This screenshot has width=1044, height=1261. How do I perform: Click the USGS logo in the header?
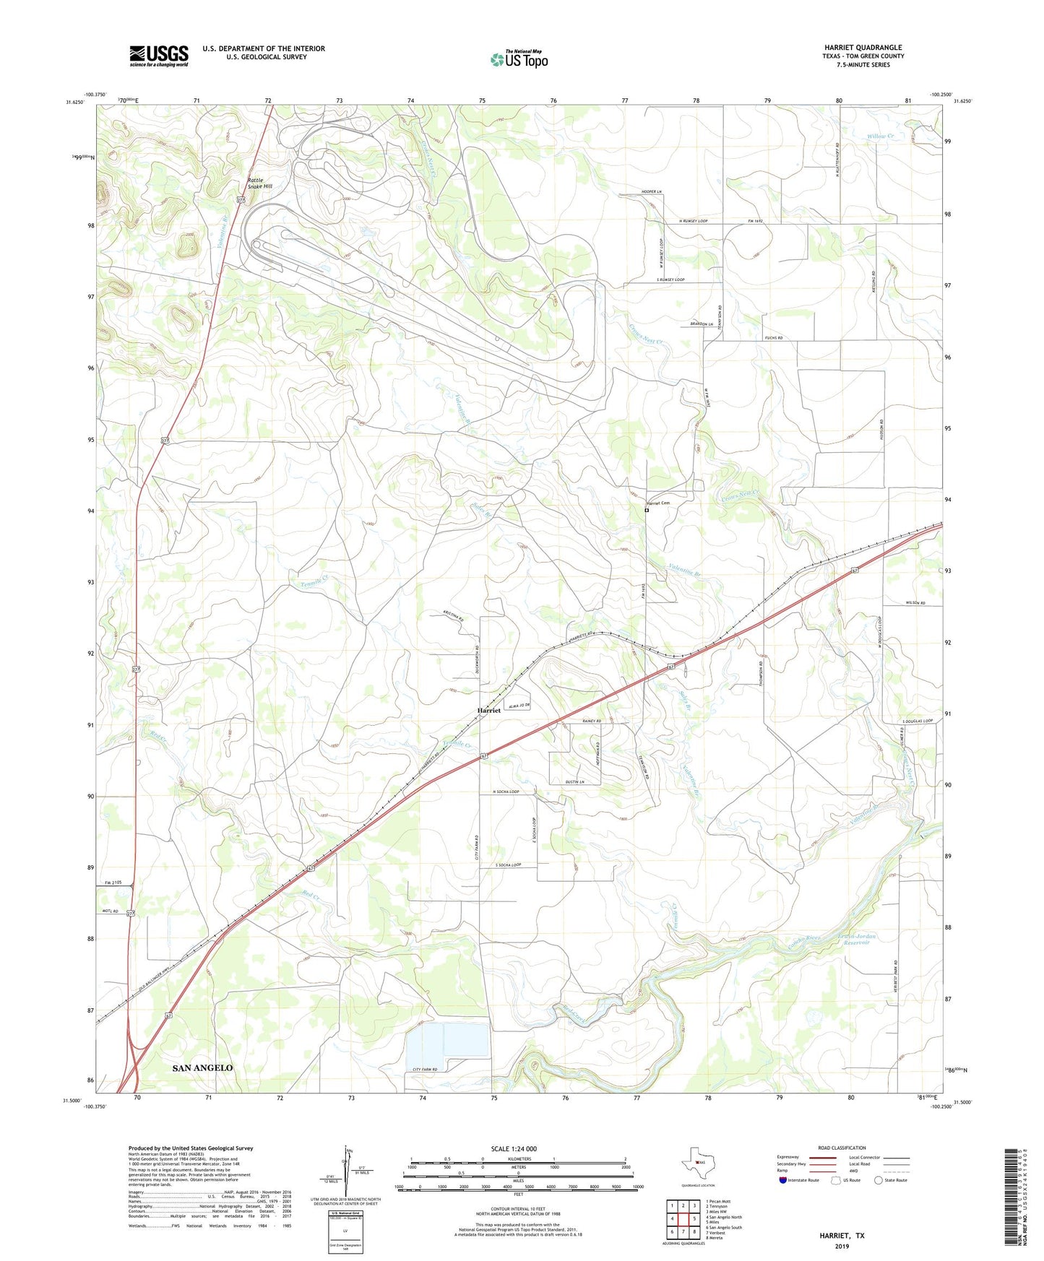pos(158,56)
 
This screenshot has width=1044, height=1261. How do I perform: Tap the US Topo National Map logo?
pos(519,58)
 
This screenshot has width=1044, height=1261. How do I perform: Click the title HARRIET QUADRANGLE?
pos(863,48)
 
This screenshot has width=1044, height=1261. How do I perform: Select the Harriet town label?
pos(488,711)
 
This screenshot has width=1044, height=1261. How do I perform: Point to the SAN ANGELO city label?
pos(202,1067)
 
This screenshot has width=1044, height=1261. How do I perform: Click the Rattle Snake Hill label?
pos(260,183)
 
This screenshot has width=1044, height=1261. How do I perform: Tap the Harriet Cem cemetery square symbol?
pos(647,510)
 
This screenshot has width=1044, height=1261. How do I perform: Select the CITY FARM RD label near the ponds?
pos(431,1069)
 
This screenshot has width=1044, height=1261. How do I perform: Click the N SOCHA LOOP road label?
pos(506,792)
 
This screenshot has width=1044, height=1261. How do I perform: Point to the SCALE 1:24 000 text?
pos(513,1148)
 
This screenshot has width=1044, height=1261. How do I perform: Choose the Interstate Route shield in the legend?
pos(783,1180)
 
